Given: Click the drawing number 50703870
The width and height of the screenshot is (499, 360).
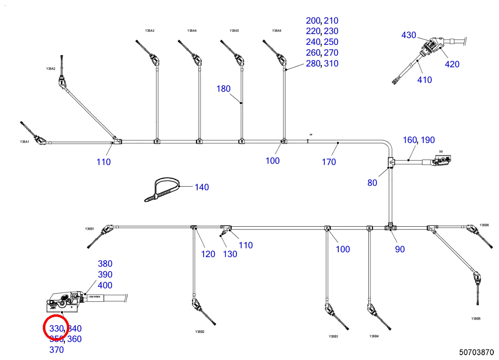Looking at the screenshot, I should tap(477, 352).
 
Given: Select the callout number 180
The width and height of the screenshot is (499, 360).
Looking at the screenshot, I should tap(224, 89).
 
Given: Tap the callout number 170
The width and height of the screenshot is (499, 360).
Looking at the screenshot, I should tap(329, 162).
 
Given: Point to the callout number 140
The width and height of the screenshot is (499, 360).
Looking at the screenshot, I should tap(202, 187).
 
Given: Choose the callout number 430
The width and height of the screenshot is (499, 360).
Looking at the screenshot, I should tap(409, 35).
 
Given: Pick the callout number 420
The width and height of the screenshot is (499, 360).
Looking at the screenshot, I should tap(452, 64).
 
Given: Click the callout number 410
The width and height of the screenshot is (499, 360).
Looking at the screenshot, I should tap(424, 80).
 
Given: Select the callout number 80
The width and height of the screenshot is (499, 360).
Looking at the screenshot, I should tap(372, 183).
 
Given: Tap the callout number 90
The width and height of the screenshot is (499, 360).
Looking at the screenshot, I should tap(400, 249).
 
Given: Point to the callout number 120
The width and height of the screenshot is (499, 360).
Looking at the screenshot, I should tap(208, 254).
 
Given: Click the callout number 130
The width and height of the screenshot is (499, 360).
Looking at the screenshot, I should tap(230, 254).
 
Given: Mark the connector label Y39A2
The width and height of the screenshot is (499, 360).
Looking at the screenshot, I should tap(51, 69).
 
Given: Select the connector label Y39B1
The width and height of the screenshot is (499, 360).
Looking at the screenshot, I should tap(89, 229).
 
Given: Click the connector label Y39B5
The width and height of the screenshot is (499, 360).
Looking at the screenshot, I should tap(476, 319).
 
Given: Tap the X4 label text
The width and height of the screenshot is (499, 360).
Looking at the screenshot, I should tap(441, 151).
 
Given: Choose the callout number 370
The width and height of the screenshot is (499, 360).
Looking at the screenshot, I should tap(57, 350).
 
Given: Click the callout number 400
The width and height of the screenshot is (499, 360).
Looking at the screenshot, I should tap(105, 286).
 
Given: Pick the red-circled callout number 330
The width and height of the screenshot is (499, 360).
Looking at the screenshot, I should tap(57, 329).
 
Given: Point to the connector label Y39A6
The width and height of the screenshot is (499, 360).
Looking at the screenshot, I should tap(277, 31).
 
